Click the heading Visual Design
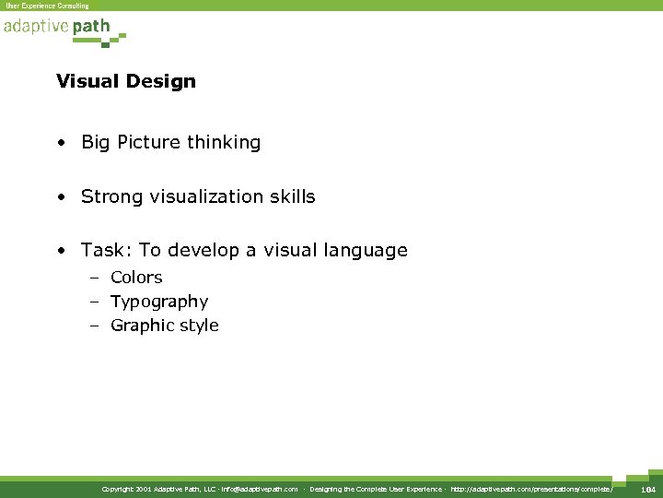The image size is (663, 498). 126,81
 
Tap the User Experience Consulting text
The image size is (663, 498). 48,6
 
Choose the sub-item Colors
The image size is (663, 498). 136,278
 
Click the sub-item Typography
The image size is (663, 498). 159,302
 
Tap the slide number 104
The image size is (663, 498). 648,488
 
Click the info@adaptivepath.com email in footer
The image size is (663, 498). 260,488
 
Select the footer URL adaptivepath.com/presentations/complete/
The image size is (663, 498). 532,488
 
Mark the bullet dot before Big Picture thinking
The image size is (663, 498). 60,144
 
